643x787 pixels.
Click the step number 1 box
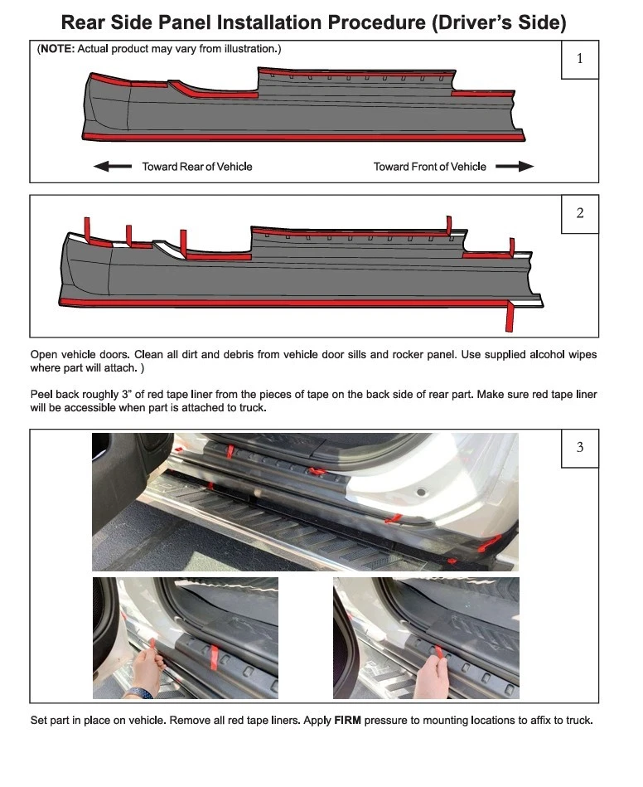[x=579, y=59]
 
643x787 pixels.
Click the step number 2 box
[x=579, y=214]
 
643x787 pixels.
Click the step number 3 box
[x=579, y=448]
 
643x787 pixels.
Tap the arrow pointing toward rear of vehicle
[x=112, y=167]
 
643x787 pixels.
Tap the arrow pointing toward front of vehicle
[x=514, y=167]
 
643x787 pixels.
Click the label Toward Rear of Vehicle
[x=196, y=167]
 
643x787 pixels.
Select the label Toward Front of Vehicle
[x=429, y=167]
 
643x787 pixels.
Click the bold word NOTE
[x=56, y=49]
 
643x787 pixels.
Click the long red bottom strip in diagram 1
[x=298, y=136]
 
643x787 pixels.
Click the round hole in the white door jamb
[x=420, y=493]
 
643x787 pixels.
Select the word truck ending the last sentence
[x=577, y=720]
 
